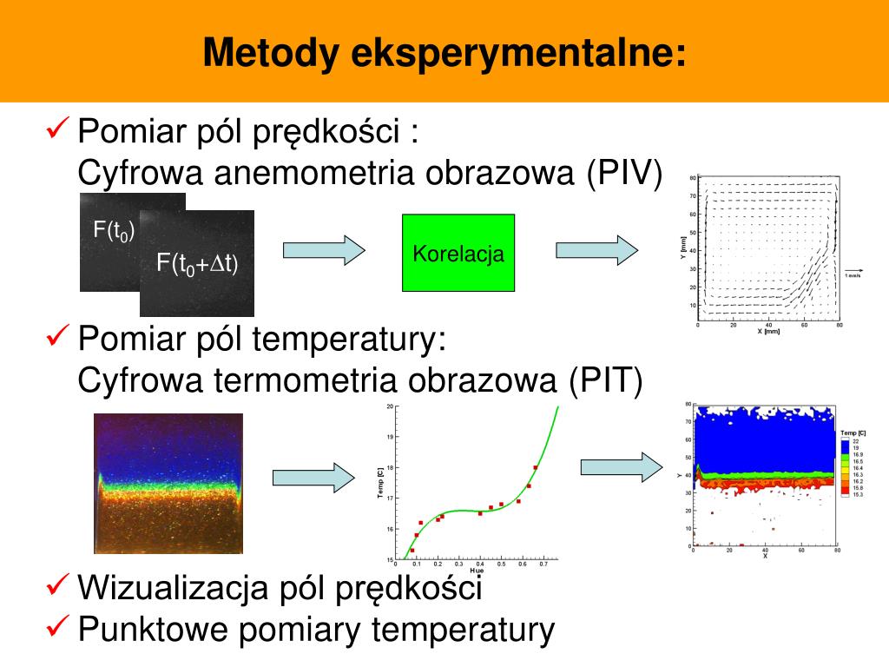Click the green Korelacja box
tap(458, 253)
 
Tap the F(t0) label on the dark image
tap(114, 231)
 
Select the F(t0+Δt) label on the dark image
tap(197, 264)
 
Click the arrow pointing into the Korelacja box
tap(323, 250)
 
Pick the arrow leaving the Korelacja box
tap(596, 250)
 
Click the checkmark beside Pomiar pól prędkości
tap(57, 131)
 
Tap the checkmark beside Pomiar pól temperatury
tap(57, 336)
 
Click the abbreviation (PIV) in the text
tap(622, 173)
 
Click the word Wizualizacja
tap(172, 588)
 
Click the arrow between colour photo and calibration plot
tap(313, 478)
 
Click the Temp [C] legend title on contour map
tap(853, 433)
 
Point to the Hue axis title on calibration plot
tap(476, 571)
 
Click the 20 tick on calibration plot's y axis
tap(390, 406)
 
